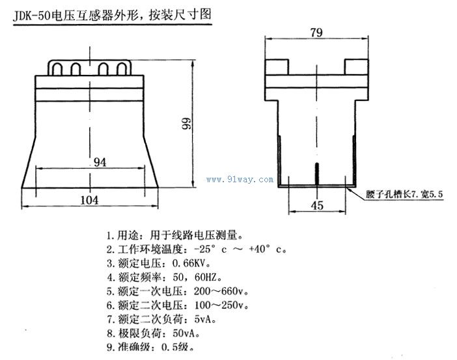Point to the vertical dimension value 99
tap(186, 124)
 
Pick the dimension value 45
tap(317, 205)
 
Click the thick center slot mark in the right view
tap(316, 174)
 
